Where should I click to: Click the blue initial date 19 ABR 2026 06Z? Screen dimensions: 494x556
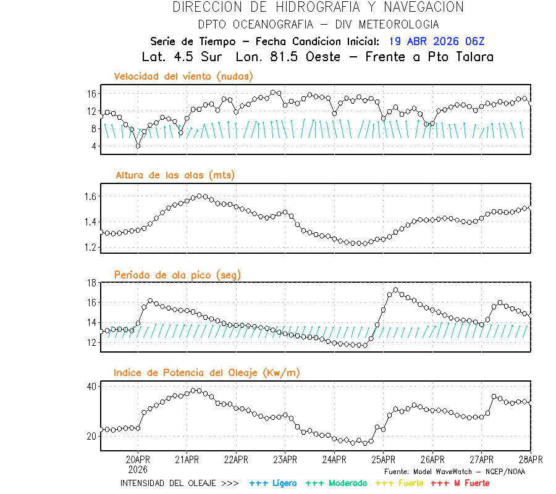coord(437,41)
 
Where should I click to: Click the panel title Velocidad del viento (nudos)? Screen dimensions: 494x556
coord(183,77)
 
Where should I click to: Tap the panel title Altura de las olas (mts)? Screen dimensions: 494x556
coord(175,175)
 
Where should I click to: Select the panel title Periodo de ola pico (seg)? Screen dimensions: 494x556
coord(177,275)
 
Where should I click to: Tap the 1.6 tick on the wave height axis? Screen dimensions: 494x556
coord(91,196)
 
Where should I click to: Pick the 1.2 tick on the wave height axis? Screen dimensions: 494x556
coord(91,247)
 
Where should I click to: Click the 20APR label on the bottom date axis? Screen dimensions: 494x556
coord(138,459)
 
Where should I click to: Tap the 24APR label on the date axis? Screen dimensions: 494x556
coord(334,459)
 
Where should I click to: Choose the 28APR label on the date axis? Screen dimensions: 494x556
coord(530,459)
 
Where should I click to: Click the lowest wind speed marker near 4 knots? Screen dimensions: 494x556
coord(138,146)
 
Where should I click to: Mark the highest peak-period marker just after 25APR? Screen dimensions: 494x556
coord(395,290)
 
